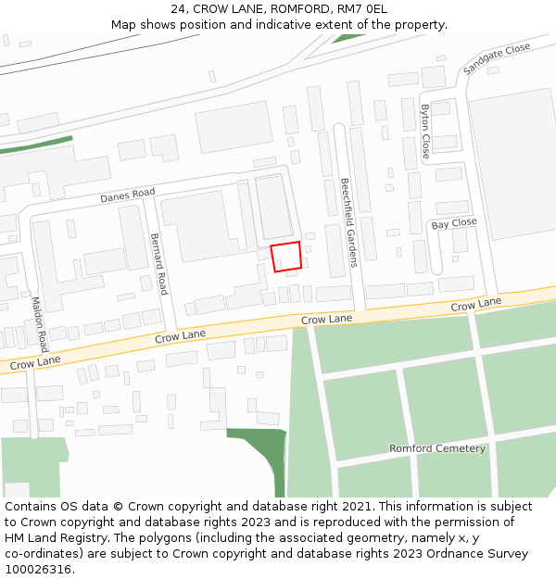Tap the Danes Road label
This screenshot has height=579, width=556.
(127, 195)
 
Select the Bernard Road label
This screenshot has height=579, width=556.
(158, 263)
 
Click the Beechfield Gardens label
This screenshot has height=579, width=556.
(348, 222)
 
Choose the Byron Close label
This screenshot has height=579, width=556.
(425, 132)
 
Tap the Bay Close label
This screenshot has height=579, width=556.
(454, 223)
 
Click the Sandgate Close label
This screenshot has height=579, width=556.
(497, 58)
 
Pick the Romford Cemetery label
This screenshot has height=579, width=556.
(436, 448)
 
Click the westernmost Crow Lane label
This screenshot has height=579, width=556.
(34, 364)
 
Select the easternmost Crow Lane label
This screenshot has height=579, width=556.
(475, 304)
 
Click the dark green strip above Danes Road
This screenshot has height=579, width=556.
(37, 146)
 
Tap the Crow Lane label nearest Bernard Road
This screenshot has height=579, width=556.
(180, 336)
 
